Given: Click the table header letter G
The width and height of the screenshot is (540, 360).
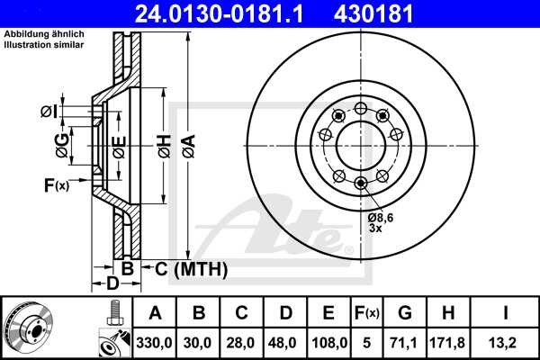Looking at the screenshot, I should [x=404, y=314].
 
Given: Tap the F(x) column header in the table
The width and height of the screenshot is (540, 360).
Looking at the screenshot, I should [x=366, y=314].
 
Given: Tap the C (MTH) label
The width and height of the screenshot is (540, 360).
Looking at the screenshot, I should [x=190, y=269].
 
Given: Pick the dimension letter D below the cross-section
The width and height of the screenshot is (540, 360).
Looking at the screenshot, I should [x=112, y=285].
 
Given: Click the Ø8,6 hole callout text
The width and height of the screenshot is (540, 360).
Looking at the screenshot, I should [x=381, y=216].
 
